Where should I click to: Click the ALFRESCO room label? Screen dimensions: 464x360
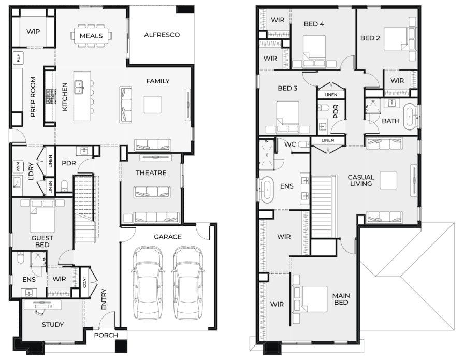(x=162, y=35)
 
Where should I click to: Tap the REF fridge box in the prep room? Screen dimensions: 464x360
(x=18, y=57)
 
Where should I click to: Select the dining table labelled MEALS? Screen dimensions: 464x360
(x=91, y=36)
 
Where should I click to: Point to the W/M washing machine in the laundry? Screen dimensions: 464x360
(x=18, y=167)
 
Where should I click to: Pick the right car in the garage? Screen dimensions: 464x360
(x=188, y=282)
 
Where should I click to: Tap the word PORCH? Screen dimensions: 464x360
(x=106, y=335)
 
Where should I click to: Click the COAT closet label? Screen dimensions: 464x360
(x=84, y=282)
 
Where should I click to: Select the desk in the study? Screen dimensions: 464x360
(x=42, y=305)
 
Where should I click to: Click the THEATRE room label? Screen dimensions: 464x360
(x=151, y=173)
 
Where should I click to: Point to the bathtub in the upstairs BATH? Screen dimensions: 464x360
(x=410, y=117)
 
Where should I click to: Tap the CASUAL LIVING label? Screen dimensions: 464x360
(x=361, y=180)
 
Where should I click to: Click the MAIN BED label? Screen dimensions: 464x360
(x=341, y=299)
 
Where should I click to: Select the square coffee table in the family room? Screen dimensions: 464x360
(x=153, y=105)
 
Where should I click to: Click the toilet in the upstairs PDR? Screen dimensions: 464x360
(x=323, y=107)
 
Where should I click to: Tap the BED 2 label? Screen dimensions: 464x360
(x=370, y=38)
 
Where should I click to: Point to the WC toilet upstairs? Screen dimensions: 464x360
(x=303, y=145)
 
